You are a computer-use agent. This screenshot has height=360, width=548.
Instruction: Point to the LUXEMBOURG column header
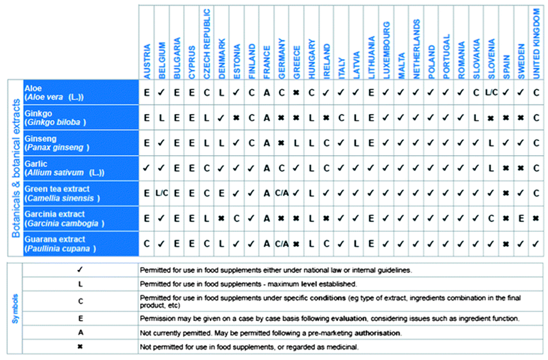387,49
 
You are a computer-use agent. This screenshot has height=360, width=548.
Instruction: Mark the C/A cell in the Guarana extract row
282,243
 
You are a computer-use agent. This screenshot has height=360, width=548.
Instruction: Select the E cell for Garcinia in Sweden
521,218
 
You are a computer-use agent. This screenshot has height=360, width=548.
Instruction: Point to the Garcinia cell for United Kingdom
536,218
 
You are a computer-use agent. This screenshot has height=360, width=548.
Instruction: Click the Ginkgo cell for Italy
340,118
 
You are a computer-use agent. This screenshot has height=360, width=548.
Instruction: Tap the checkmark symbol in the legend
80,271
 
